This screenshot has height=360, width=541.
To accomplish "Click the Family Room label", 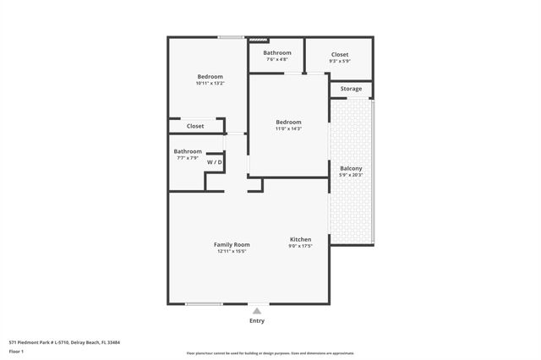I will [x=232, y=244].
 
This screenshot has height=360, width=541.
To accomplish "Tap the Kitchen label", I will [x=301, y=239].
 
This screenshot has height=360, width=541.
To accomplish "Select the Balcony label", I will [x=351, y=168].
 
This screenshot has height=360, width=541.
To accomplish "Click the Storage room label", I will [x=351, y=89].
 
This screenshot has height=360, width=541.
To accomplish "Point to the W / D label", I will [x=216, y=161].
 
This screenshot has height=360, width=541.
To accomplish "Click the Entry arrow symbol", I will [x=257, y=311].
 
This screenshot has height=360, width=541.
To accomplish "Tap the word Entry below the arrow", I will [x=257, y=321].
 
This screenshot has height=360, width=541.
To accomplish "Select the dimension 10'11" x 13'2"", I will [x=209, y=84].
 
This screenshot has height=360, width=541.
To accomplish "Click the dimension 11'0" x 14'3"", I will [x=288, y=128].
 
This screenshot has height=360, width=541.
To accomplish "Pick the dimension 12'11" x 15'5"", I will [x=232, y=251].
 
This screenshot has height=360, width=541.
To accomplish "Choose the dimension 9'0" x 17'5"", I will [x=301, y=246].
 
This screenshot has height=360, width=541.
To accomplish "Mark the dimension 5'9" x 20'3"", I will [x=351, y=175].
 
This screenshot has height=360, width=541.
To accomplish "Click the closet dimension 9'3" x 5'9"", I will [x=339, y=60].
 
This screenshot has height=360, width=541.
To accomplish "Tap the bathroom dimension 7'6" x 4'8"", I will [x=277, y=59].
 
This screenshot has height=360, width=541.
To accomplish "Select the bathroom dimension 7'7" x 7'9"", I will [x=188, y=158].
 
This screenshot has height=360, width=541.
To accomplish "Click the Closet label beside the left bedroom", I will [x=195, y=126].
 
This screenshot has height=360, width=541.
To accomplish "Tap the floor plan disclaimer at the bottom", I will [x=270, y=353].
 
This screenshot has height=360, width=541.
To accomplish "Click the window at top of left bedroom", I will [x=230, y=37].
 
